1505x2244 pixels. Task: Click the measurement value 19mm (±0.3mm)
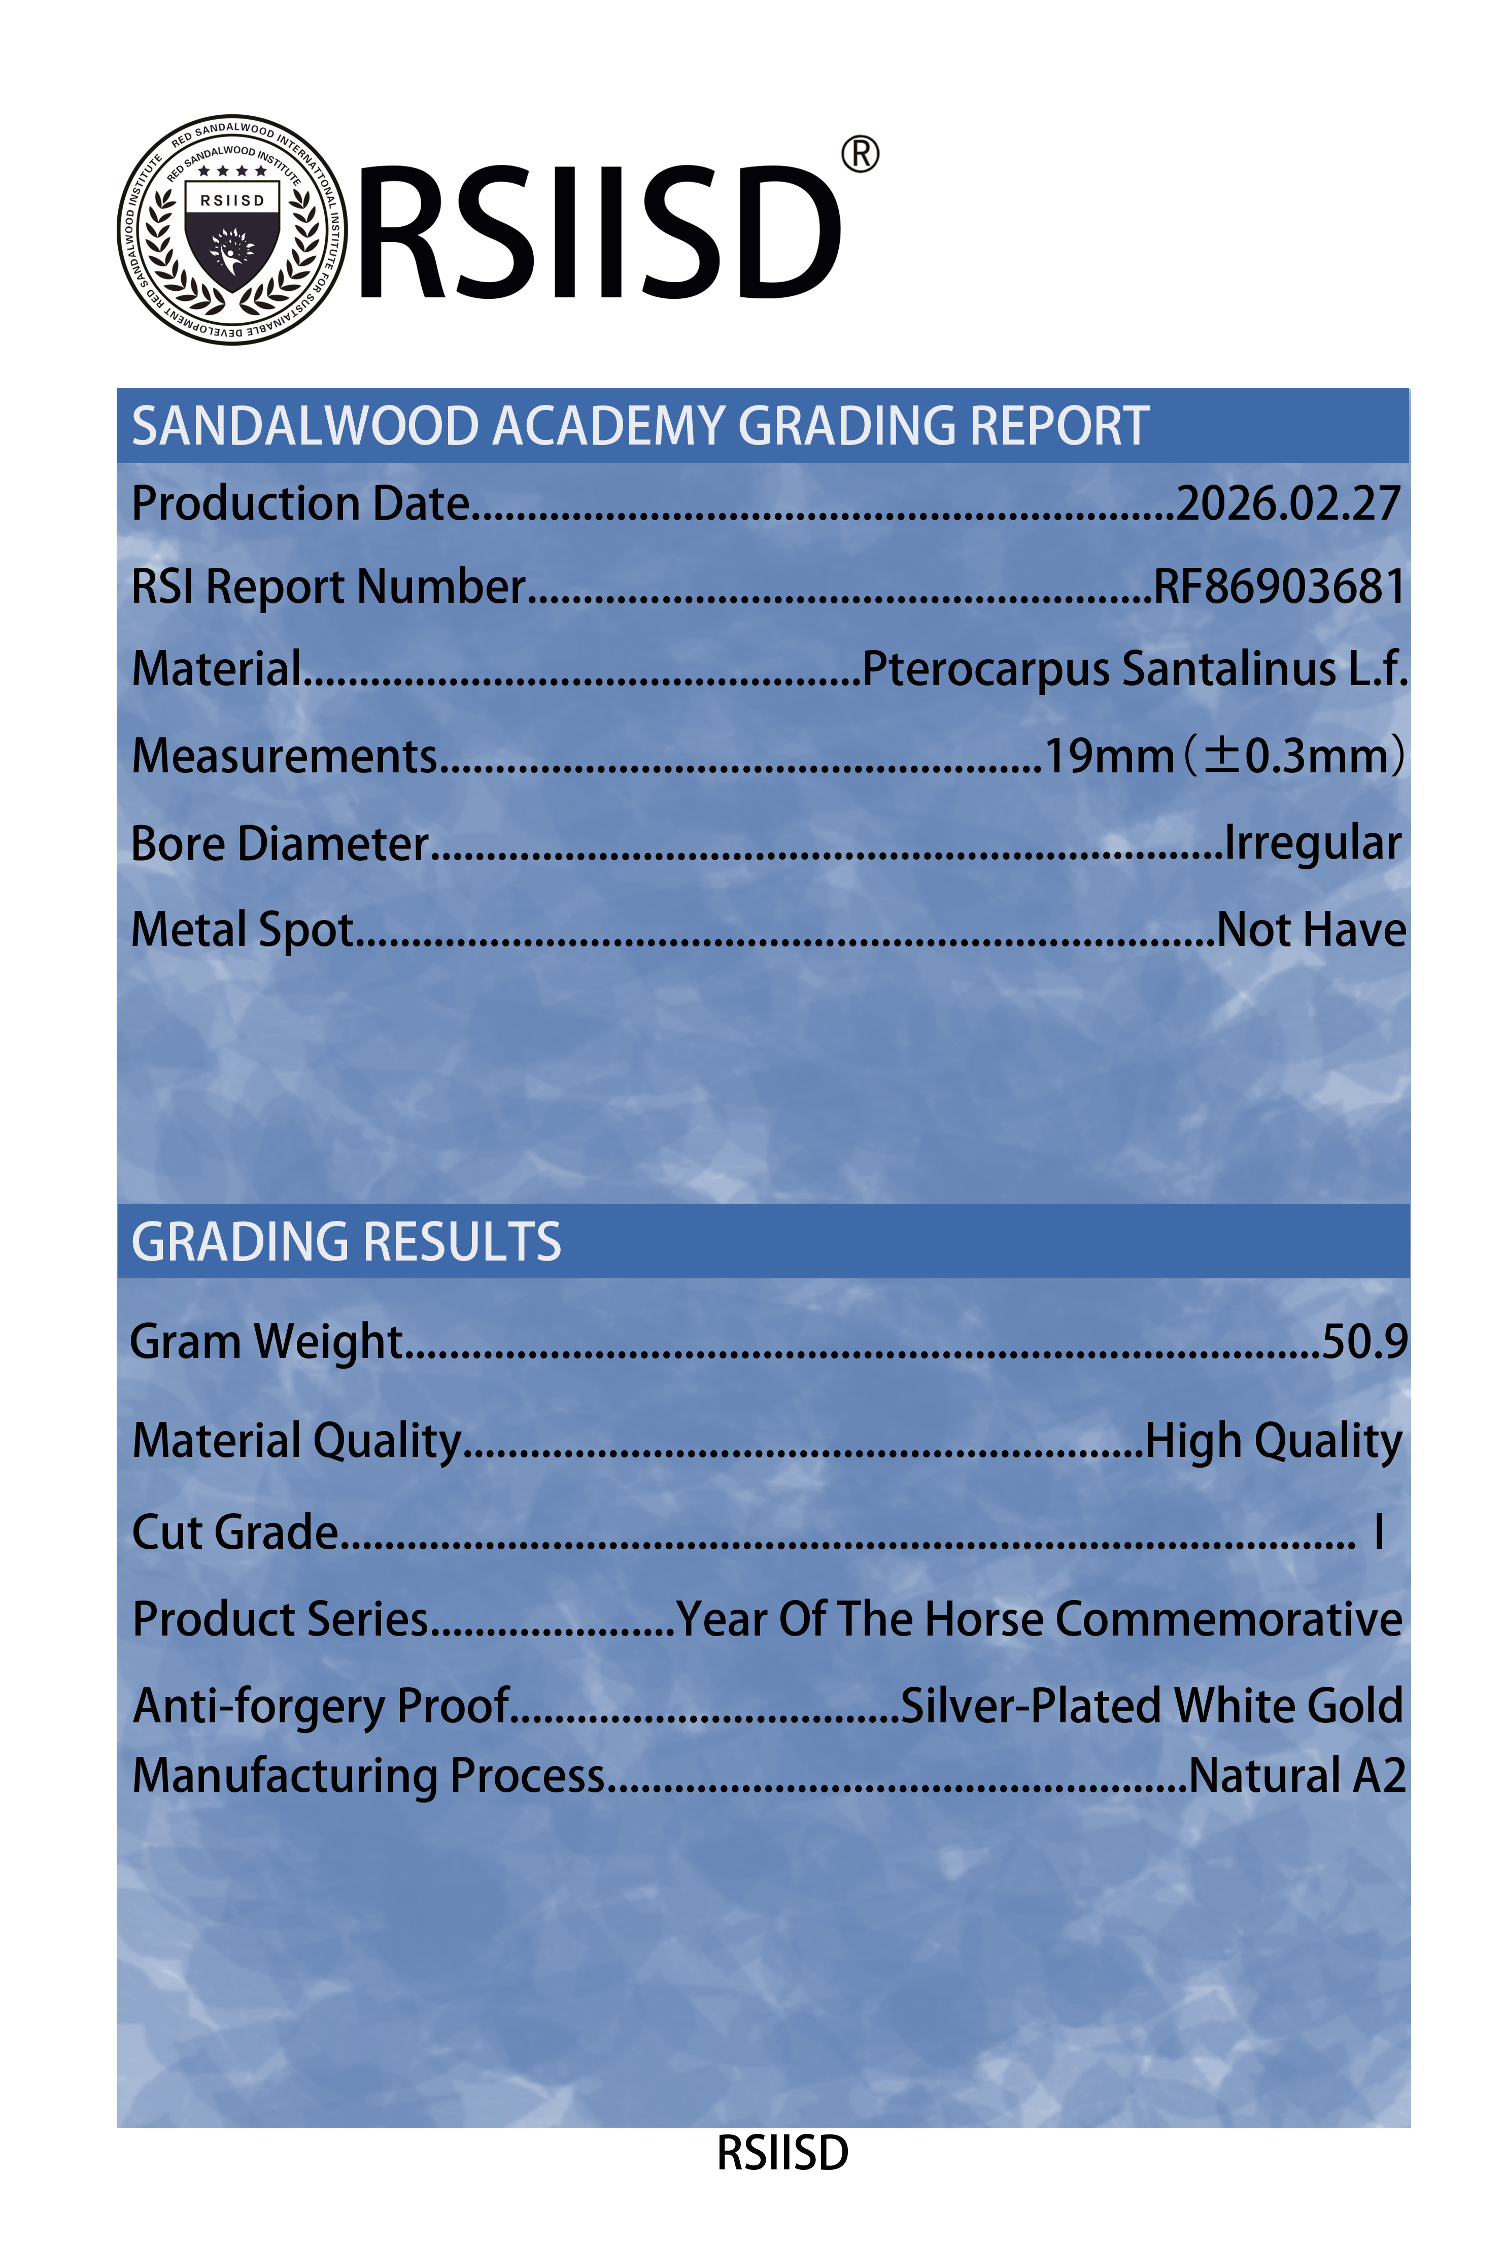(x=1224, y=756)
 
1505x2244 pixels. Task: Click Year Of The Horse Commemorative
(x=1039, y=1619)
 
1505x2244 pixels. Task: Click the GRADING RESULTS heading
(x=347, y=1242)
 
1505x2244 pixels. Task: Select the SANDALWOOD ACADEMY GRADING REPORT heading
(x=640, y=426)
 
